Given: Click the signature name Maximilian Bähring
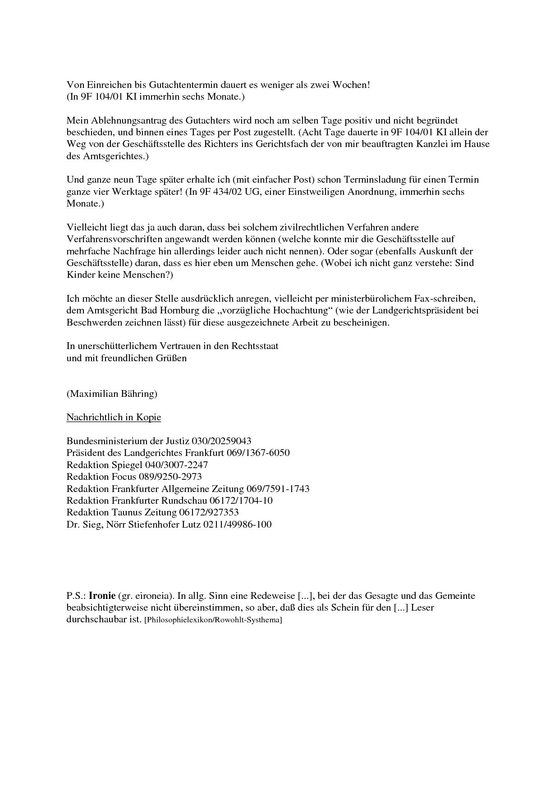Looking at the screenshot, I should (x=112, y=394).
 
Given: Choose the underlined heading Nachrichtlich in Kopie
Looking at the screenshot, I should (x=114, y=417).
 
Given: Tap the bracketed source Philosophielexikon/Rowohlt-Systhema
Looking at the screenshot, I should (x=213, y=620).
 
